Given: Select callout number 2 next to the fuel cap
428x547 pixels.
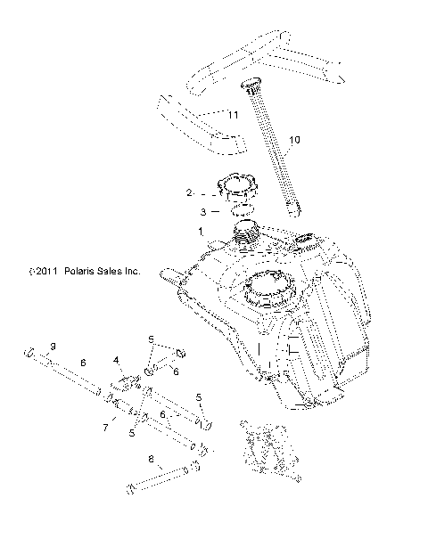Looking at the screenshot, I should click(188, 192).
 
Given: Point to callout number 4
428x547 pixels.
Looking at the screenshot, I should click(116, 361).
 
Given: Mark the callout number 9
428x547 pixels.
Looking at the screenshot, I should click(53, 346).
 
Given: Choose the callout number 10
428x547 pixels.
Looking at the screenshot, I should click(294, 141).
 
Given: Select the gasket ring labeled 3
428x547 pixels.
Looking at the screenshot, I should click(230, 213).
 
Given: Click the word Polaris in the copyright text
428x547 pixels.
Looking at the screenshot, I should click(86, 273).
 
